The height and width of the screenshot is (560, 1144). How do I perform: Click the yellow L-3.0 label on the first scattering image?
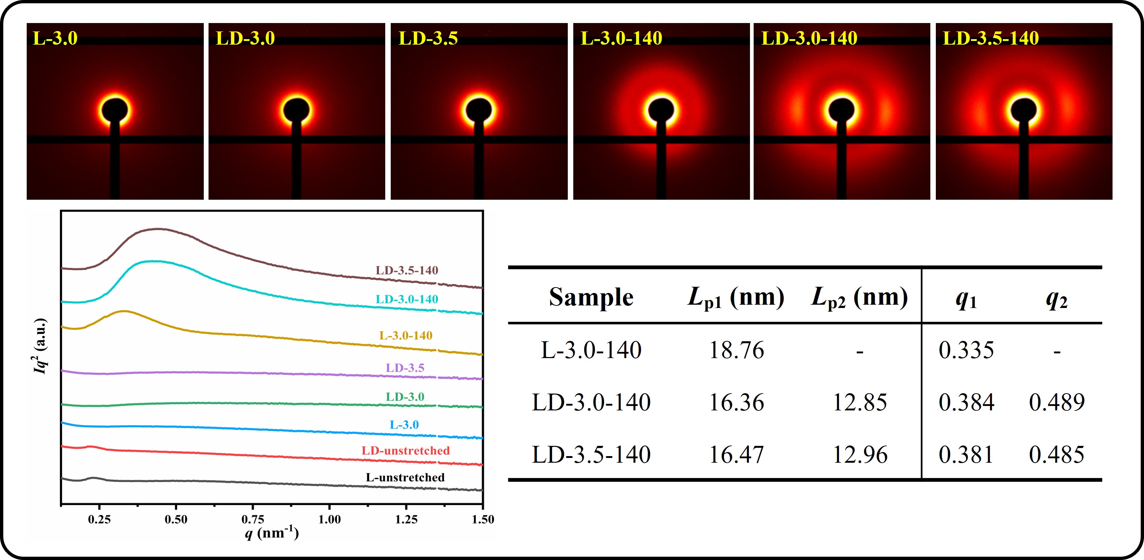pos(55,38)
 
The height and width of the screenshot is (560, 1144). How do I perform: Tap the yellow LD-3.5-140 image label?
pos(991,38)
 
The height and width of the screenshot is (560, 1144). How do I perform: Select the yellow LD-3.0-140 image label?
pos(809,38)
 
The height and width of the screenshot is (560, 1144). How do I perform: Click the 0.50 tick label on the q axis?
pos(176,519)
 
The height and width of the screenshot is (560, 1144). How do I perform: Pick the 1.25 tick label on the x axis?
pos(406,519)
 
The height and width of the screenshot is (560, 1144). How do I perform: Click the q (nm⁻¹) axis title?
pos(271,532)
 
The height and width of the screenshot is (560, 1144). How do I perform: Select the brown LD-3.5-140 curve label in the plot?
pos(407,270)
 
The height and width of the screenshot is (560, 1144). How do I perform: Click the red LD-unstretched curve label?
pos(405,450)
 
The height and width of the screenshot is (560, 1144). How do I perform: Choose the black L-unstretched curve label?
pos(405,477)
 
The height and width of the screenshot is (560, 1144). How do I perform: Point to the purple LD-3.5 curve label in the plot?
pos(405,368)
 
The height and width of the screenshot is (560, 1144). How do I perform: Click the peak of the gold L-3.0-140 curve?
pos(124,311)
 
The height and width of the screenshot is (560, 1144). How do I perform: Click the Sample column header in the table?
pos(591,297)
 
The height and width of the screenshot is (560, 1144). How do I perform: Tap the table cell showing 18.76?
pos(736,350)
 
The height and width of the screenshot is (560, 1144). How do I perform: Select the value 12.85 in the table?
pos(860,402)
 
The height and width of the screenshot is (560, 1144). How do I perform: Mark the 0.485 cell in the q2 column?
pos(1057,454)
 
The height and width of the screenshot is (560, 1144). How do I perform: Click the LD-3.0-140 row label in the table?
pos(591,402)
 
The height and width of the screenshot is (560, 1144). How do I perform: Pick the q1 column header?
pos(966,299)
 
